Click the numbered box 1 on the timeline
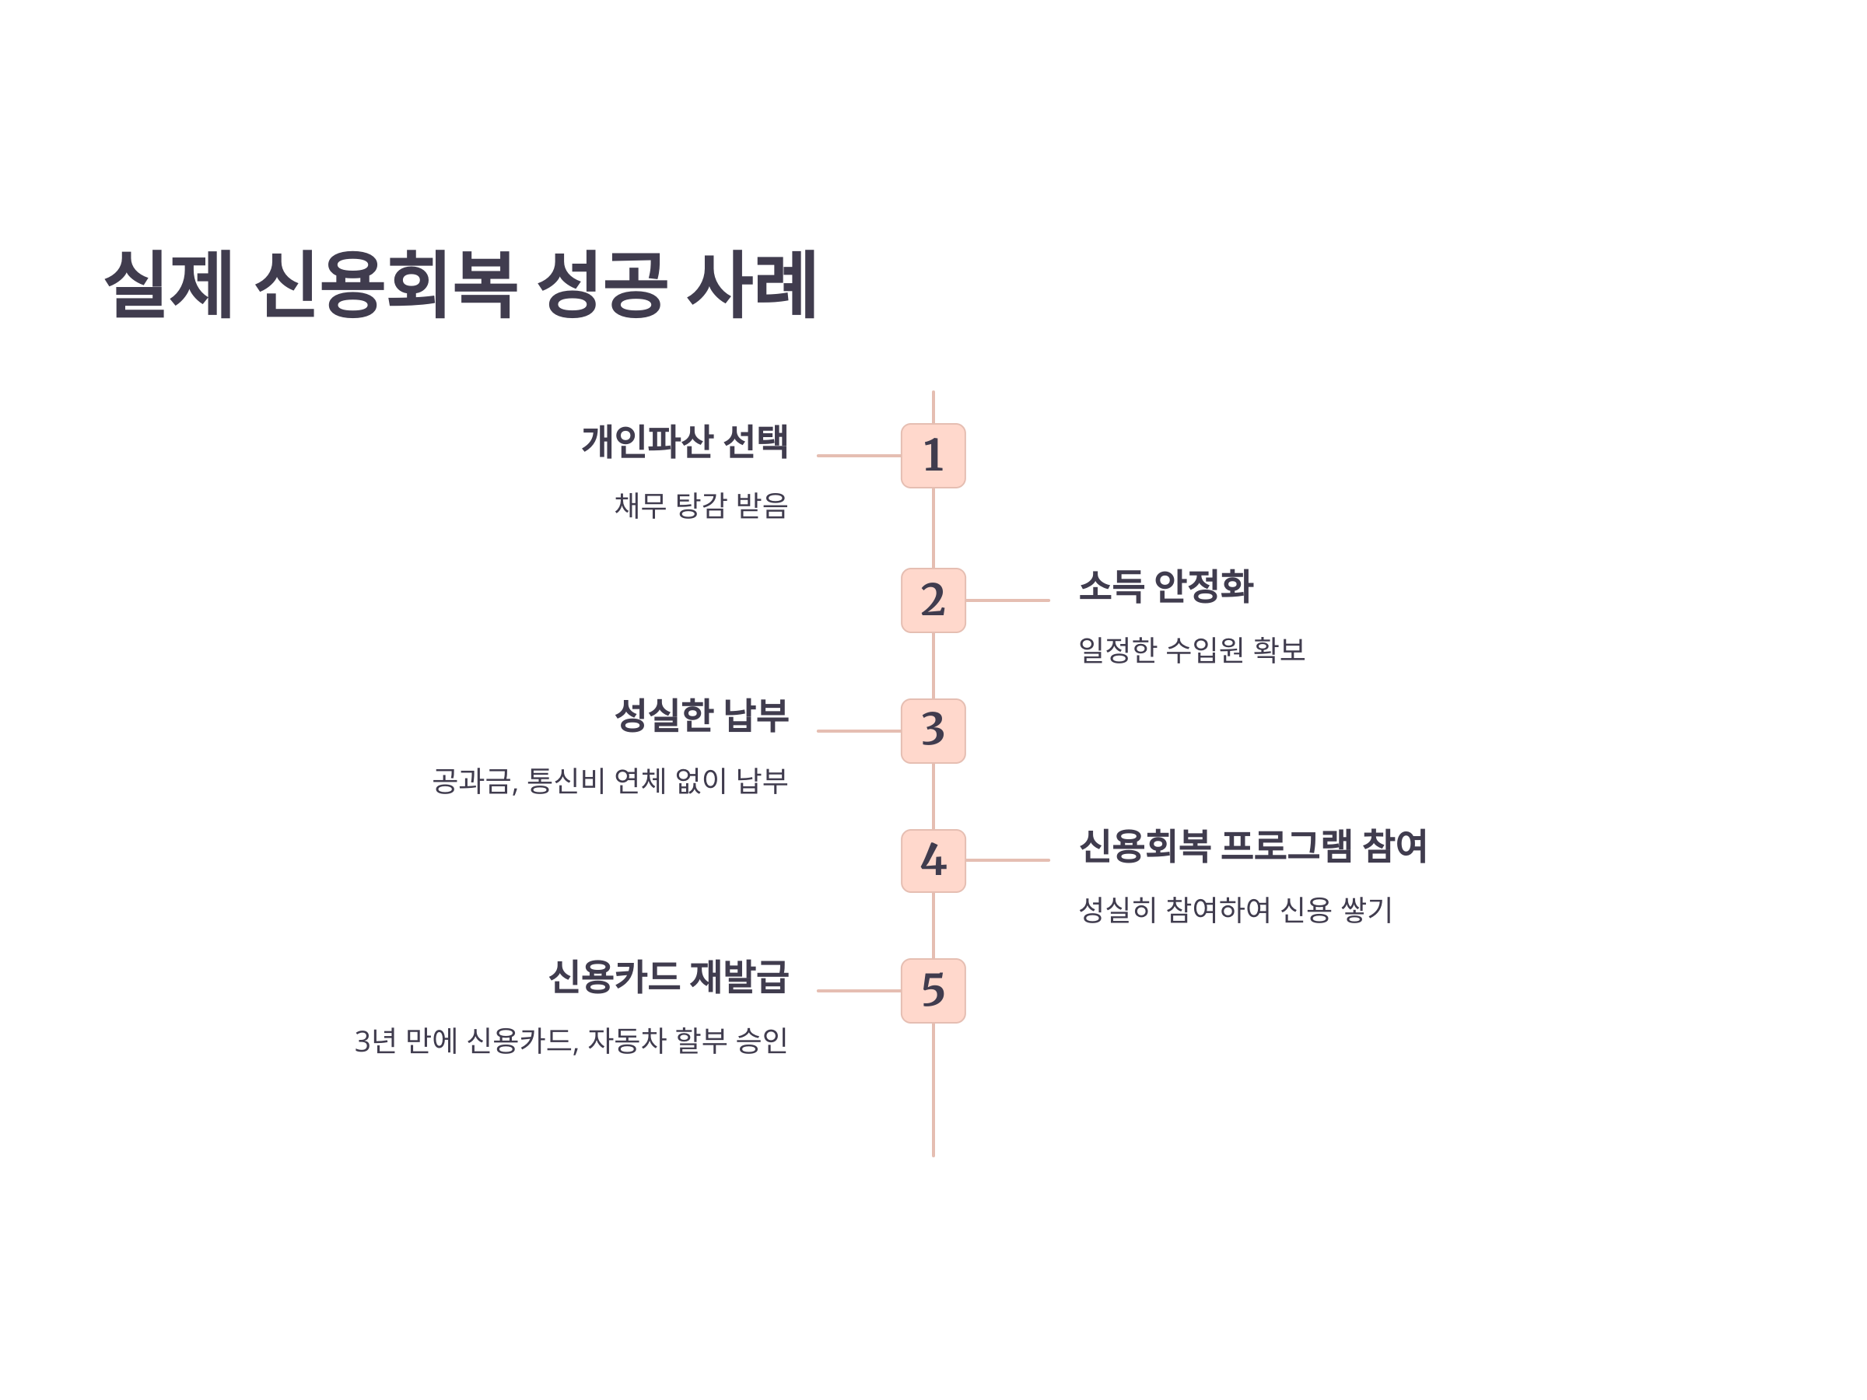[x=933, y=456]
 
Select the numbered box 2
[x=933, y=600]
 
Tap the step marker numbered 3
[x=933, y=731]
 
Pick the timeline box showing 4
[x=933, y=861]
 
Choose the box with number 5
[x=933, y=991]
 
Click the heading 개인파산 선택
[x=685, y=441]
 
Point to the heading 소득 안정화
[x=1165, y=586]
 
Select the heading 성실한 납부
[x=702, y=716]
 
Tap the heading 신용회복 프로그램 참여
[x=1252, y=845]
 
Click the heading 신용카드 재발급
[x=667, y=976]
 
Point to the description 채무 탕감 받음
[x=701, y=506]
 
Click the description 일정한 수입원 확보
[x=1192, y=649]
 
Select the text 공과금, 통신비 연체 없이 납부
[x=609, y=781]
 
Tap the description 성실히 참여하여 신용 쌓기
[x=1235, y=910]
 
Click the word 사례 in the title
[x=751, y=284]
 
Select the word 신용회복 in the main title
[x=385, y=284]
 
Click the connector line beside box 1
[x=858, y=456]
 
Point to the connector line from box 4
[x=1007, y=861]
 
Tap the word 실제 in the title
[x=169, y=284]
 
